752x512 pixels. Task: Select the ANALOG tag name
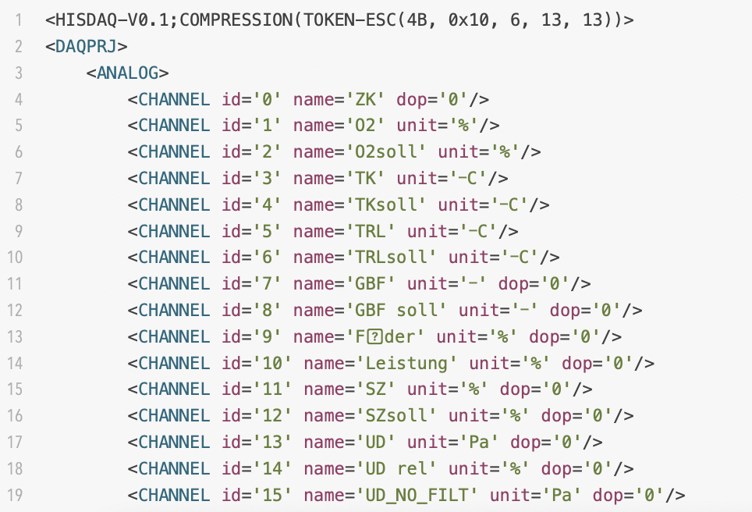point(127,73)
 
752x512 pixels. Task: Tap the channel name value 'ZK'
point(365,99)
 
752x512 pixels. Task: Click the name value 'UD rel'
point(396,468)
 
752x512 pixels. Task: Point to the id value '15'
point(272,495)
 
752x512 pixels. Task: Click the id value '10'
point(272,363)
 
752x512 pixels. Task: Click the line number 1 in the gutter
point(17,20)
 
